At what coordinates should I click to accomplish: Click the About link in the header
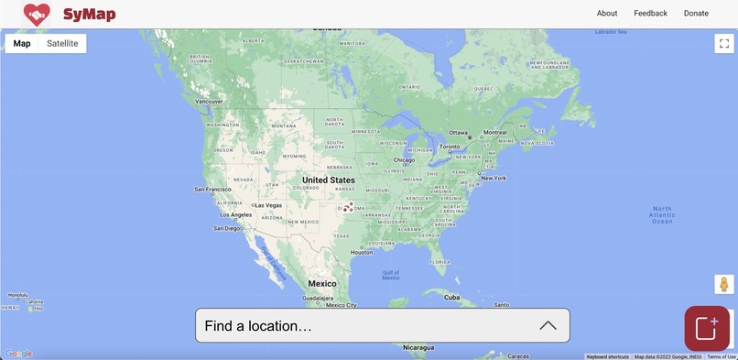[606, 13]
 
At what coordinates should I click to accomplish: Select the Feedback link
[650, 13]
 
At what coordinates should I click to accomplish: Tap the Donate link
[696, 13]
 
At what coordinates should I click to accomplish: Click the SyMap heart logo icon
[37, 14]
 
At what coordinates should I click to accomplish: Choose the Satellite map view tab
[62, 43]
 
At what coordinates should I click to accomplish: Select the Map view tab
[22, 43]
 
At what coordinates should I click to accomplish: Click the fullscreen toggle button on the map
[724, 43]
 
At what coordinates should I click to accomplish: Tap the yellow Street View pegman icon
[724, 285]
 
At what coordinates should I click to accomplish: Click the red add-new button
[707, 328]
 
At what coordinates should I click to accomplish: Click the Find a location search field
[366, 325]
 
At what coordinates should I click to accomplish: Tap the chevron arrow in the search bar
[548, 325]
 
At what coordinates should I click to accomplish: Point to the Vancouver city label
[210, 102]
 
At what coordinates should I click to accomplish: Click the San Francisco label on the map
[212, 190]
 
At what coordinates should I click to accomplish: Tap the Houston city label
[362, 252]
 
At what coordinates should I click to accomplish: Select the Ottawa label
[459, 133]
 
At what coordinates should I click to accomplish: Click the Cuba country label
[452, 297]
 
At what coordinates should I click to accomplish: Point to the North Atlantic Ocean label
[661, 214]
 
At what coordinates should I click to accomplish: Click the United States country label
[329, 180]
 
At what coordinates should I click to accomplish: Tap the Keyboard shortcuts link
[608, 356]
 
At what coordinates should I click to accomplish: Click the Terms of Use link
[722, 356]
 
